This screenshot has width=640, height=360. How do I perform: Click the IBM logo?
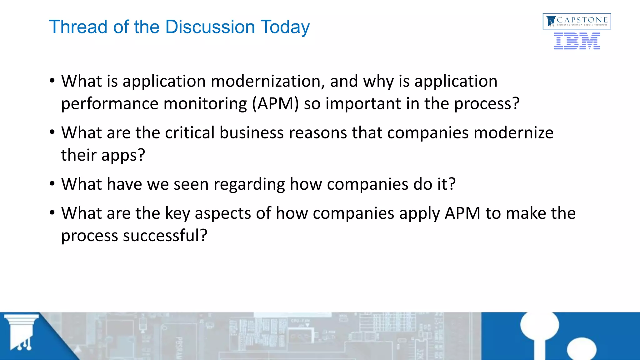click(x=577, y=41)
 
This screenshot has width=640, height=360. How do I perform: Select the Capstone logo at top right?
click(x=577, y=21)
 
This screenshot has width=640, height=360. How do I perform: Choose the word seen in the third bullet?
click(x=191, y=184)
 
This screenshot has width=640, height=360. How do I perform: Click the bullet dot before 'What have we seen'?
click(x=52, y=184)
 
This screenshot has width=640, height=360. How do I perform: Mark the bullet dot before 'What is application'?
click(x=52, y=81)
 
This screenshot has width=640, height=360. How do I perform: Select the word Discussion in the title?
click(x=210, y=27)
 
